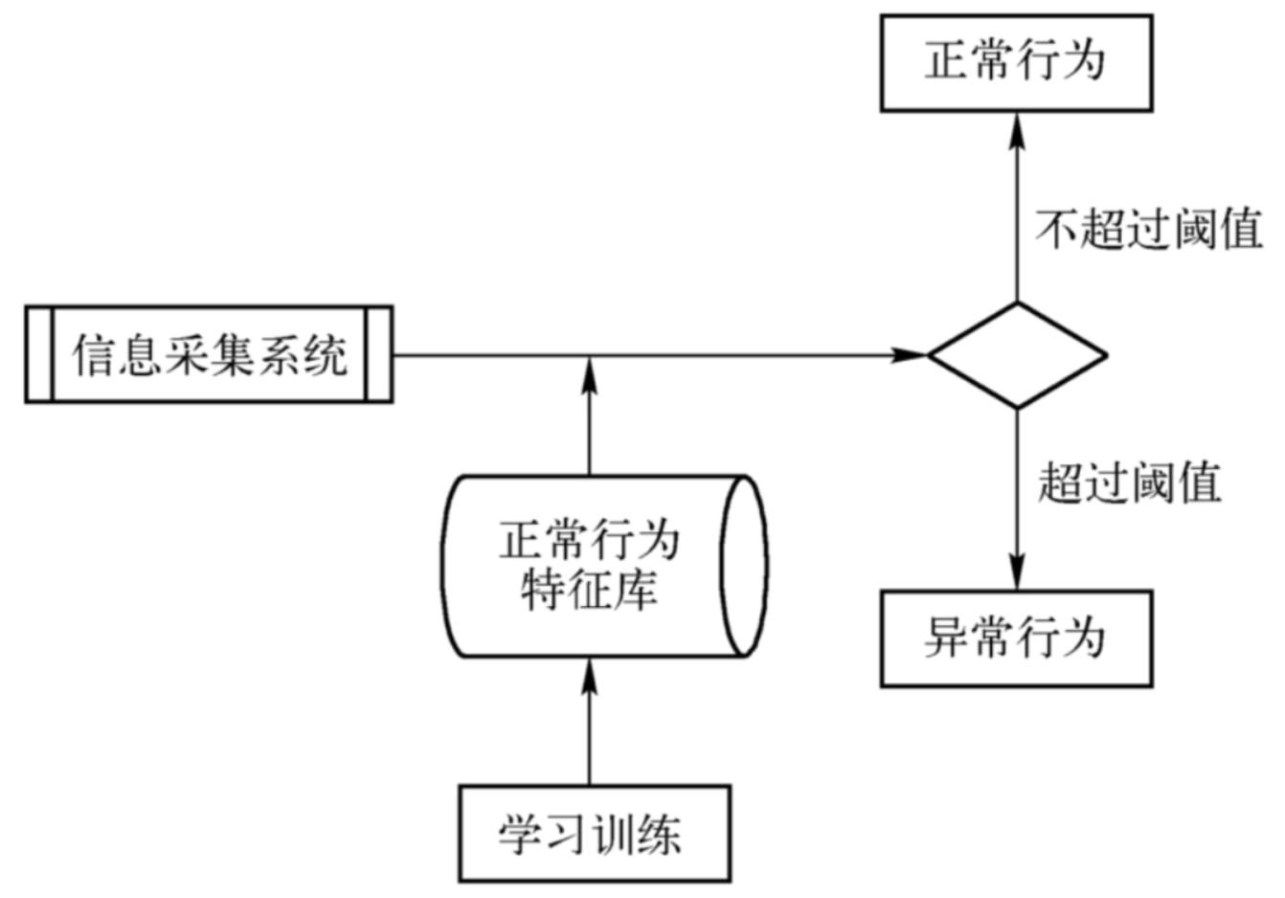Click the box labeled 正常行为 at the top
(1016, 63)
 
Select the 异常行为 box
(1016, 639)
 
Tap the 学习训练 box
(594, 834)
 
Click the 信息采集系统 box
(209, 355)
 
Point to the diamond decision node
(1017, 355)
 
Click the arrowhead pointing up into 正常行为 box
(1017, 128)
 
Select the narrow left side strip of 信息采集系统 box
(38, 355)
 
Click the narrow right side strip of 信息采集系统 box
(379, 355)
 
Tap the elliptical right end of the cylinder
(745, 567)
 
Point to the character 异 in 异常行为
(947, 639)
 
